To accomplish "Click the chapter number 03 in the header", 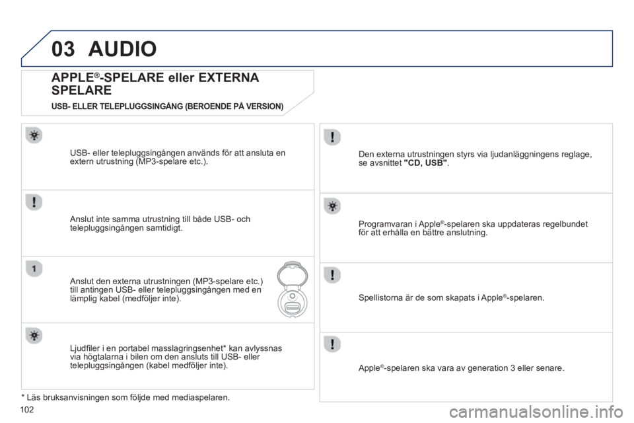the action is [63, 49].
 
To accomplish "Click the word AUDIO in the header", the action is [123, 49].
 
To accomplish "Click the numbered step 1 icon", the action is [34, 268].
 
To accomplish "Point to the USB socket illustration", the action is [293, 289].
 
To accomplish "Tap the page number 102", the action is [26, 410].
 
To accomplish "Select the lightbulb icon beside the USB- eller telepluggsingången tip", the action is [34, 135].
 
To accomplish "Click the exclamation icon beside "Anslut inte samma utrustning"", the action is [34, 202].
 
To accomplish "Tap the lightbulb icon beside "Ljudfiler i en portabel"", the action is [34, 335].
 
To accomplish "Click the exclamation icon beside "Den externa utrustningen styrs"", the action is [332, 137].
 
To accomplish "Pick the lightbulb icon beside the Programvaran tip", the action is [332, 206].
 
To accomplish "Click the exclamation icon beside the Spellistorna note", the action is [332, 275].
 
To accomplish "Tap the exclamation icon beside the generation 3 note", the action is [332, 344].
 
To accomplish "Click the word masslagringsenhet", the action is [186, 348].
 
